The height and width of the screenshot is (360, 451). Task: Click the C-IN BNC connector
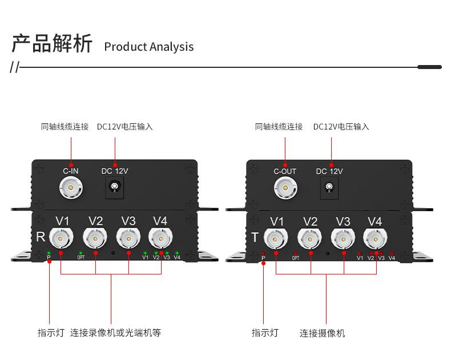[71, 186]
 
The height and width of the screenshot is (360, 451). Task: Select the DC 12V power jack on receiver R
[115, 187]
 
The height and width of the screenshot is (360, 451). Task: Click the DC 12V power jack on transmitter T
[329, 187]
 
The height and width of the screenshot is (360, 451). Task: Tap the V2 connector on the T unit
[310, 237]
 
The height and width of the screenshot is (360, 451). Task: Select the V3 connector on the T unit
[343, 237]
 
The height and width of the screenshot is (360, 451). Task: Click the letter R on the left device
[41, 237]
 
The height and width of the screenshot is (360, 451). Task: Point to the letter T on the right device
[255, 237]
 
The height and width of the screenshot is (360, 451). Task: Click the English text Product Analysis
[148, 47]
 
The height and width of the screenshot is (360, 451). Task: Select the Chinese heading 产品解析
[52, 44]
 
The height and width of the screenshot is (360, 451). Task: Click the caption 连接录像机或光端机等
[115, 333]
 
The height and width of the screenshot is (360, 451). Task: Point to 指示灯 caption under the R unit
[51, 333]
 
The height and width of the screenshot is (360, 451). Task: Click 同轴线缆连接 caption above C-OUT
[279, 127]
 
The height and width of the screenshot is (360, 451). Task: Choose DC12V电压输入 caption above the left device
[124, 127]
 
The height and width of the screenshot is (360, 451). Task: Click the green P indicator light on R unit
[49, 253]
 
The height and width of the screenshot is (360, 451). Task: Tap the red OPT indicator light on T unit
[295, 253]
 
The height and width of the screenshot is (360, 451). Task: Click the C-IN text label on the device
[71, 171]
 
